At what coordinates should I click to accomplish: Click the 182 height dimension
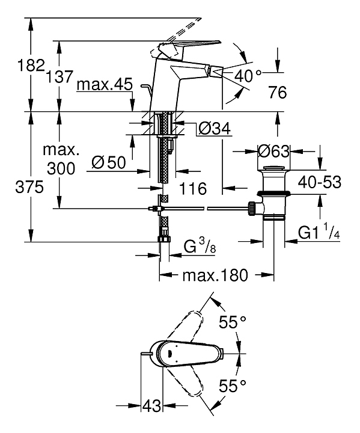tap(31, 65)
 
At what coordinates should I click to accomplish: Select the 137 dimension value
tap(59, 76)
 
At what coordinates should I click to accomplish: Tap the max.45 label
tap(105, 84)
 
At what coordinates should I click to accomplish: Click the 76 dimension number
tap(278, 92)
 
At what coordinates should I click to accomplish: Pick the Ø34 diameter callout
tap(215, 129)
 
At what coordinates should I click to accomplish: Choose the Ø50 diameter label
tap(109, 162)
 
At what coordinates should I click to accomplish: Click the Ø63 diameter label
tap(273, 151)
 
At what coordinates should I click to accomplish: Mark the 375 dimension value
tap(29, 187)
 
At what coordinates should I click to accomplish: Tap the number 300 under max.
tap(61, 168)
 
